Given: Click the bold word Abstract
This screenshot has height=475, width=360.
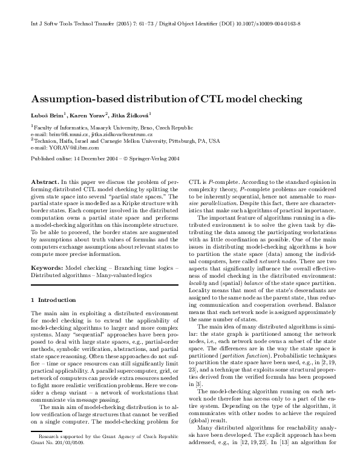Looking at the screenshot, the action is [x=44, y=182].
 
